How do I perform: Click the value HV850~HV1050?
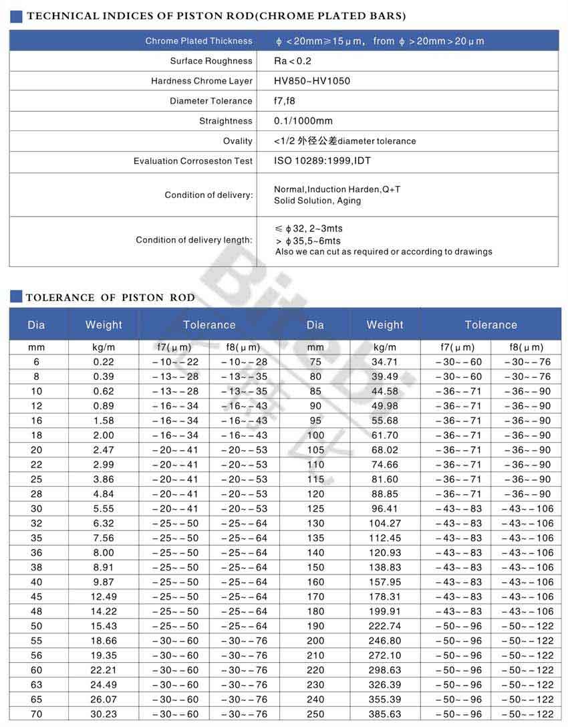311,81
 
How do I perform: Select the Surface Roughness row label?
211,61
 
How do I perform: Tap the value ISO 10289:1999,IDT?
322,161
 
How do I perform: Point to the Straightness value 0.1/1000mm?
303,121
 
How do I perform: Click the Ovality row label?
238,141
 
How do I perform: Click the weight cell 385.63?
385,714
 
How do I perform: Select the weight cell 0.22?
104,362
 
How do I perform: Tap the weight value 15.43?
104,626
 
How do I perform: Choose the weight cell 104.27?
385,523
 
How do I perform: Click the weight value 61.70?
385,435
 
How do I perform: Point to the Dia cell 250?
315,714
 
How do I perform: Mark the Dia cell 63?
36,685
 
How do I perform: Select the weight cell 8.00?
104,552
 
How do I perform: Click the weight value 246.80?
385,641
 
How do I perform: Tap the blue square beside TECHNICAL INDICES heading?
17,16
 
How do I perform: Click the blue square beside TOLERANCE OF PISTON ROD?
17,297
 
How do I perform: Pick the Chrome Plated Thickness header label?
199,41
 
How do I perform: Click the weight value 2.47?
104,450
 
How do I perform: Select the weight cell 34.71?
385,362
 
